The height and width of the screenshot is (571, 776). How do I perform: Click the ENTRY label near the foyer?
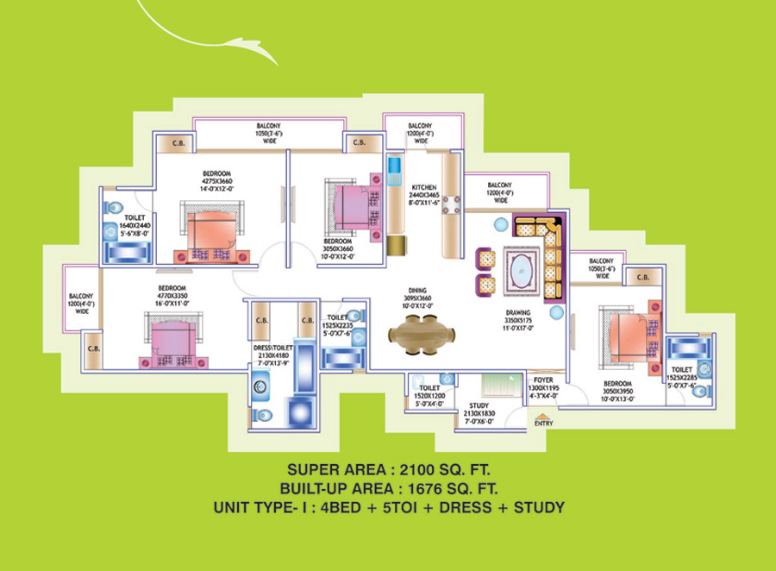click(x=543, y=423)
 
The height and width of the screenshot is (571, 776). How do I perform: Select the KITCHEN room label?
click(x=423, y=187)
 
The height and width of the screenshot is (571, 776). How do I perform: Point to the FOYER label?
click(x=543, y=378)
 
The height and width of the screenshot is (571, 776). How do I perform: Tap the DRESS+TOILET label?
click(x=275, y=348)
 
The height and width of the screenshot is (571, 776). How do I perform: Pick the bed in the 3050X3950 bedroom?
click(x=629, y=333)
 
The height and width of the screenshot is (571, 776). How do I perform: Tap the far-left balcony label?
click(x=83, y=304)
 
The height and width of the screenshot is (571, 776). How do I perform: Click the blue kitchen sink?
click(x=395, y=166)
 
